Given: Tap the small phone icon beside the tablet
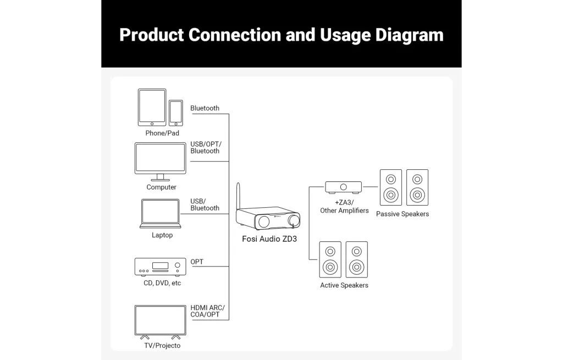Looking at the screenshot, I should click(x=176, y=113).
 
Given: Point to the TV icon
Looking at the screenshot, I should click(x=160, y=321).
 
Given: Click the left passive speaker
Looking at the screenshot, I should click(x=390, y=187).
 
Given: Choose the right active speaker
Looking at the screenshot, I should click(x=357, y=259).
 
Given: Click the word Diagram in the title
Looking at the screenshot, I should click(x=410, y=35).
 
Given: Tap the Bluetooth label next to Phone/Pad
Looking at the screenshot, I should click(x=205, y=108).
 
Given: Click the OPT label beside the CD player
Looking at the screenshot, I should click(x=197, y=262).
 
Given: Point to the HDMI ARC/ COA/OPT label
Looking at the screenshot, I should click(x=207, y=311).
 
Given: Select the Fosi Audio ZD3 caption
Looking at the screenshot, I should click(x=269, y=239).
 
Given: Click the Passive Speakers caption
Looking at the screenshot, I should click(x=402, y=214).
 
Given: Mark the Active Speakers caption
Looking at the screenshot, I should click(x=344, y=285).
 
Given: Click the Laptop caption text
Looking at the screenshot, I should click(x=162, y=235).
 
